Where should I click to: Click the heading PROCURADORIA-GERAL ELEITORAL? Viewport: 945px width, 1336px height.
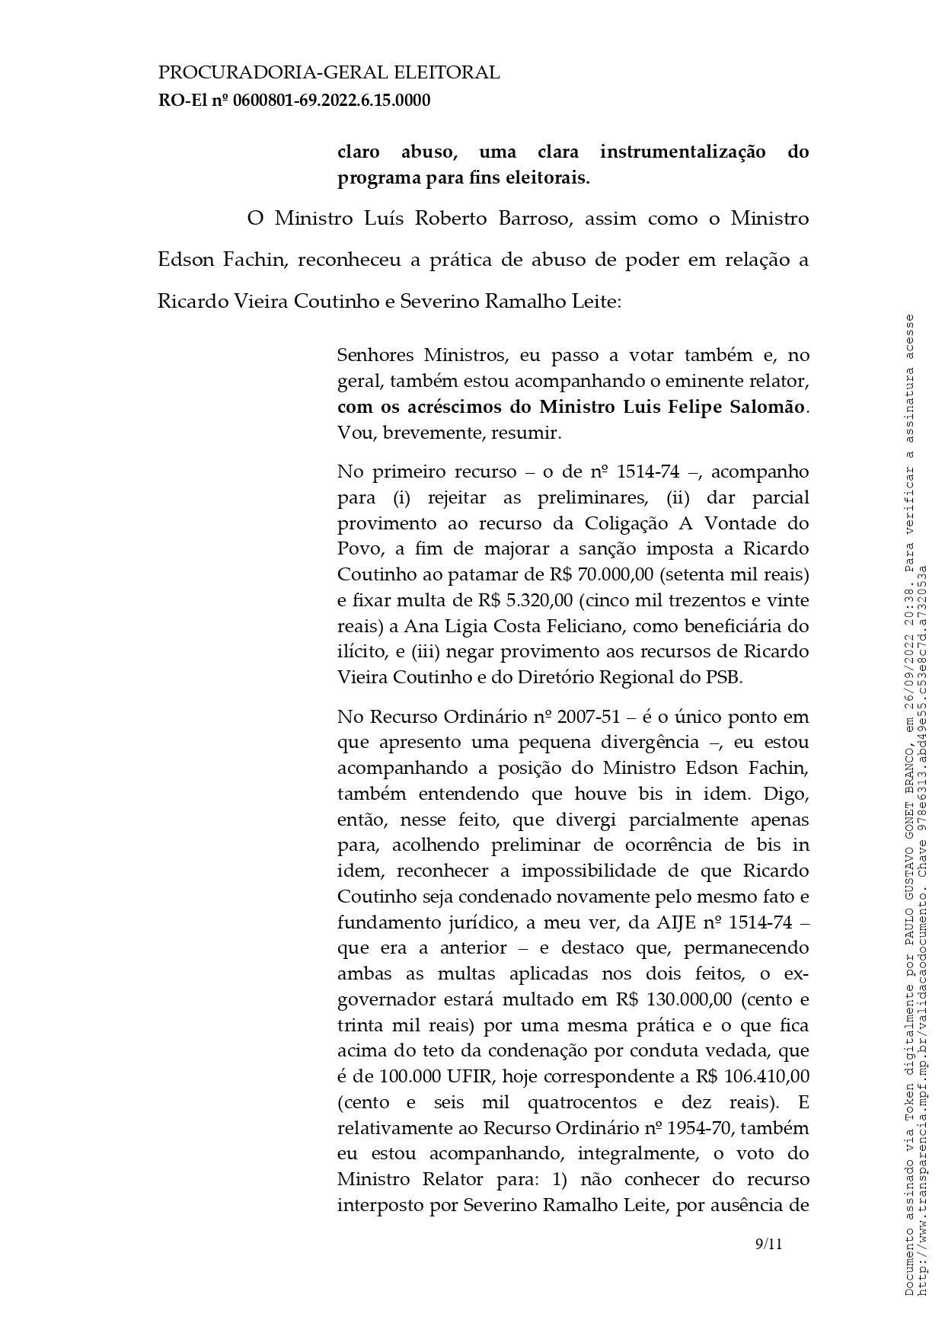328,73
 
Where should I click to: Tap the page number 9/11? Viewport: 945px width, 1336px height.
768,1244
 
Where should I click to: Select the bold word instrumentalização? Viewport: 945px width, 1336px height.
682,152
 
